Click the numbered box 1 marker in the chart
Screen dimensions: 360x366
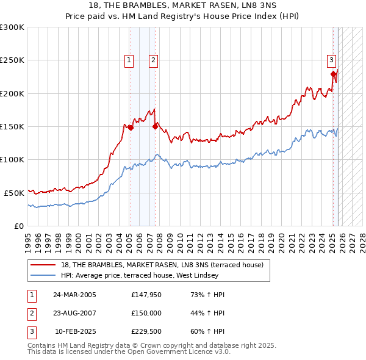(130, 60)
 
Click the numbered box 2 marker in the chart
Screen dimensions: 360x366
(152, 60)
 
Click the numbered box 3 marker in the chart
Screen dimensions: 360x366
(331, 60)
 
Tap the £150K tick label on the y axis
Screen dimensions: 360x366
(12, 126)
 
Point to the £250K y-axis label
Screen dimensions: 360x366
(12, 60)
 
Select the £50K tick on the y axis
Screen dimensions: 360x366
(14, 192)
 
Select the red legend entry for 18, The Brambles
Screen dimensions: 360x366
(162, 265)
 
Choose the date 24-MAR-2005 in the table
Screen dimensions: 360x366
(74, 295)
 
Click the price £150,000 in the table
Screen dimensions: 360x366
(146, 314)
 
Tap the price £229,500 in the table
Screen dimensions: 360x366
(146, 333)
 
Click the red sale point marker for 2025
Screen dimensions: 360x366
(334, 74)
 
